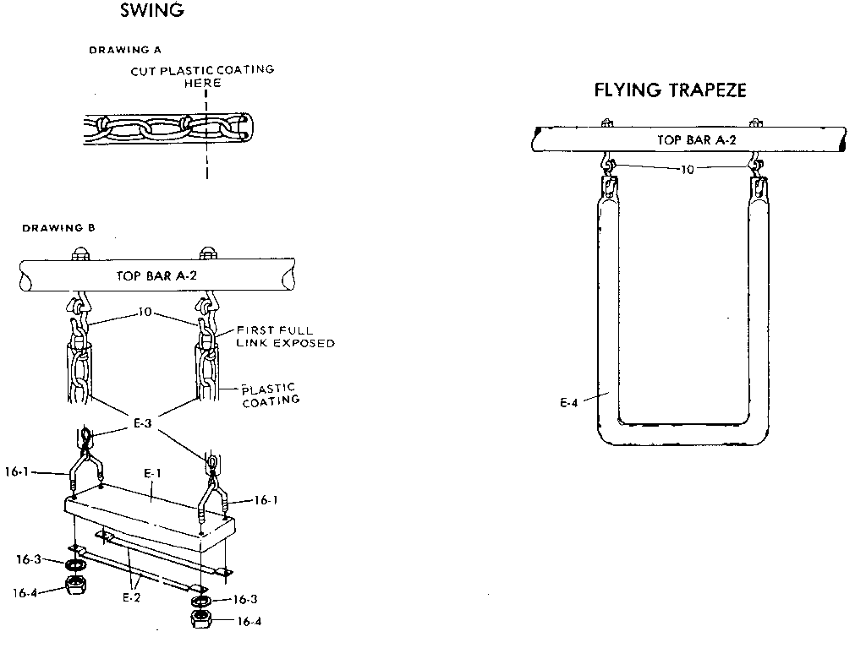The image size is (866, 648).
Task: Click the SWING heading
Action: pos(151,11)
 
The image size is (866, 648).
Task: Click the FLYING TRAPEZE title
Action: pos(671,90)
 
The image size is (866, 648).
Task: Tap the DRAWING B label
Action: pos(58,228)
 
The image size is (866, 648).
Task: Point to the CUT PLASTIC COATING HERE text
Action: pos(202,76)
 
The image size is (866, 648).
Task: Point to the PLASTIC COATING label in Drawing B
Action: pos(271,395)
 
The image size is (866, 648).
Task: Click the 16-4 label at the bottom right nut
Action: pos(249,622)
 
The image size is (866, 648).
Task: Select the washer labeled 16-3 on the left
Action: pos(75,564)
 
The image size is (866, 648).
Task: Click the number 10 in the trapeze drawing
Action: pos(687,169)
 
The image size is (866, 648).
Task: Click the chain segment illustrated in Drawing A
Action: pos(166,129)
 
